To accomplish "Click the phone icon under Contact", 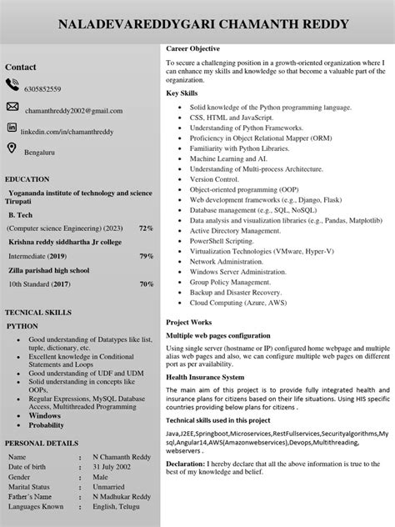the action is pos(12,84).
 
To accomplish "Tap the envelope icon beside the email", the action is pos(12,107).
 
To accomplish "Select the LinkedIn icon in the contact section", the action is pos(12,128).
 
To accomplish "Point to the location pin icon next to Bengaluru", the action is pos(12,148).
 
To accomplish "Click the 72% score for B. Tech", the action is pos(146,228).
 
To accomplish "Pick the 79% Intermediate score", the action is pos(146,256).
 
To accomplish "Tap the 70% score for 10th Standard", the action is pos(146,284).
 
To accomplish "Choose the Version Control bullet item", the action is pos(214,179).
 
